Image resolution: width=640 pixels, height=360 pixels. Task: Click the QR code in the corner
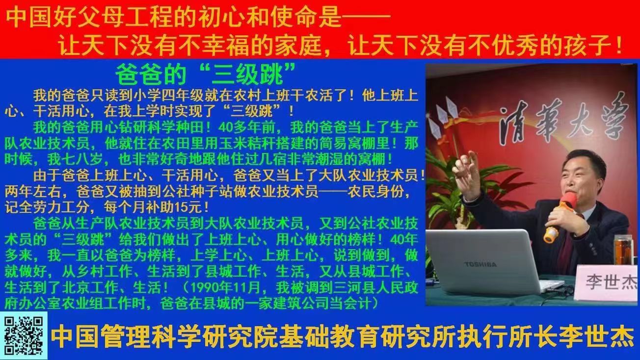24,335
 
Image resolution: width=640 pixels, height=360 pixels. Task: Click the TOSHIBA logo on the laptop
480,264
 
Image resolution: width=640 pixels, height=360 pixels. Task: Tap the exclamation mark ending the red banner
619,46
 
